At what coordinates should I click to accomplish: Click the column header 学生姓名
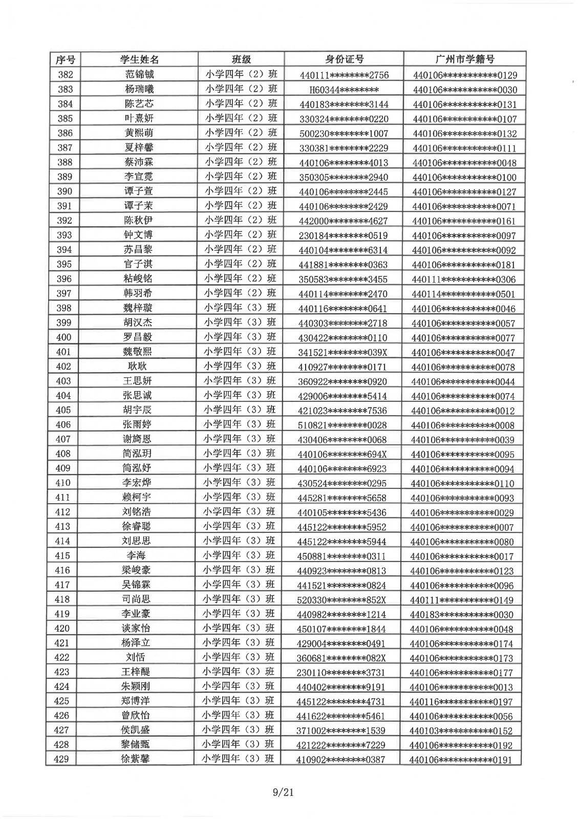click(139, 59)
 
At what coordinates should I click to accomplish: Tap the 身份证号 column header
click(344, 59)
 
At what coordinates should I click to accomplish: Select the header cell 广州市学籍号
click(464, 59)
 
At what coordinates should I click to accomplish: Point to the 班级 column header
click(241, 59)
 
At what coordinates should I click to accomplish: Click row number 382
click(65, 75)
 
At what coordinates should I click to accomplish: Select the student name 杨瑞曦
click(139, 89)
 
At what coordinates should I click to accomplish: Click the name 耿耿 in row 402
click(137, 367)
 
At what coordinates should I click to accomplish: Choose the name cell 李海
click(137, 556)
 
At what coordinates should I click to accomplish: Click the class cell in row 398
click(240, 308)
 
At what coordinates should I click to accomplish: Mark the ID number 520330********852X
click(341, 600)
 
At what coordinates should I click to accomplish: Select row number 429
click(61, 759)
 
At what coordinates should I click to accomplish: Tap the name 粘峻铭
click(138, 279)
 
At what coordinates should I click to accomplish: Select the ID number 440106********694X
click(342, 454)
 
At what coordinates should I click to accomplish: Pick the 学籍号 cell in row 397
click(463, 294)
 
